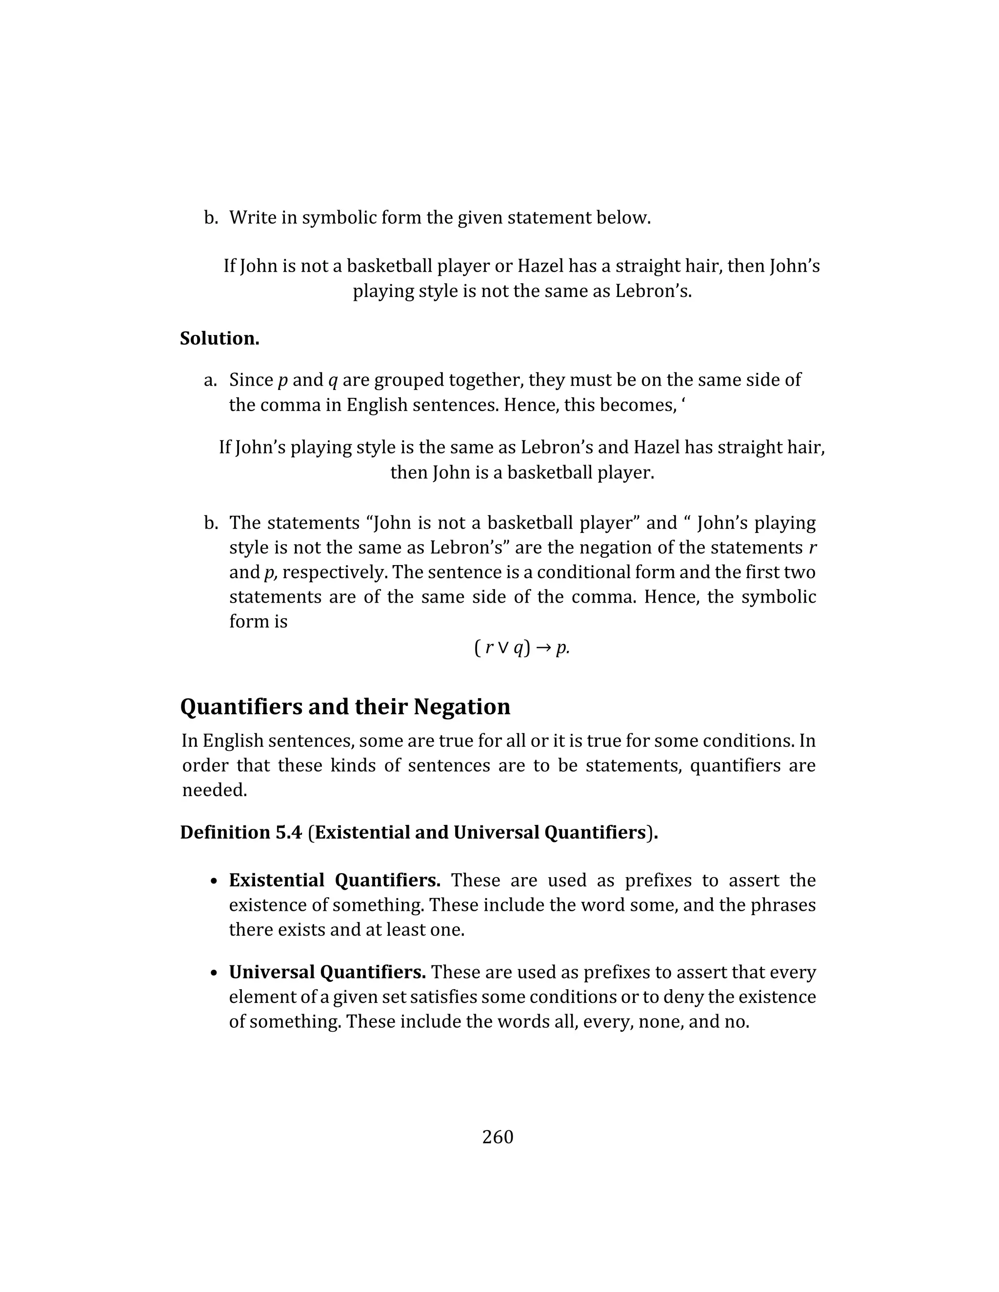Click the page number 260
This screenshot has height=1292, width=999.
click(497, 1136)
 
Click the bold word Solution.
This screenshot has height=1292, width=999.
click(220, 338)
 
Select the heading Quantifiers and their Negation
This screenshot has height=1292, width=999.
click(345, 706)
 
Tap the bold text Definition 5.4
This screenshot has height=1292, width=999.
click(241, 832)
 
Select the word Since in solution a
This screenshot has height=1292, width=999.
click(251, 380)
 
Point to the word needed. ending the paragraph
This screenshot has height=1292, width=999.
click(214, 790)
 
